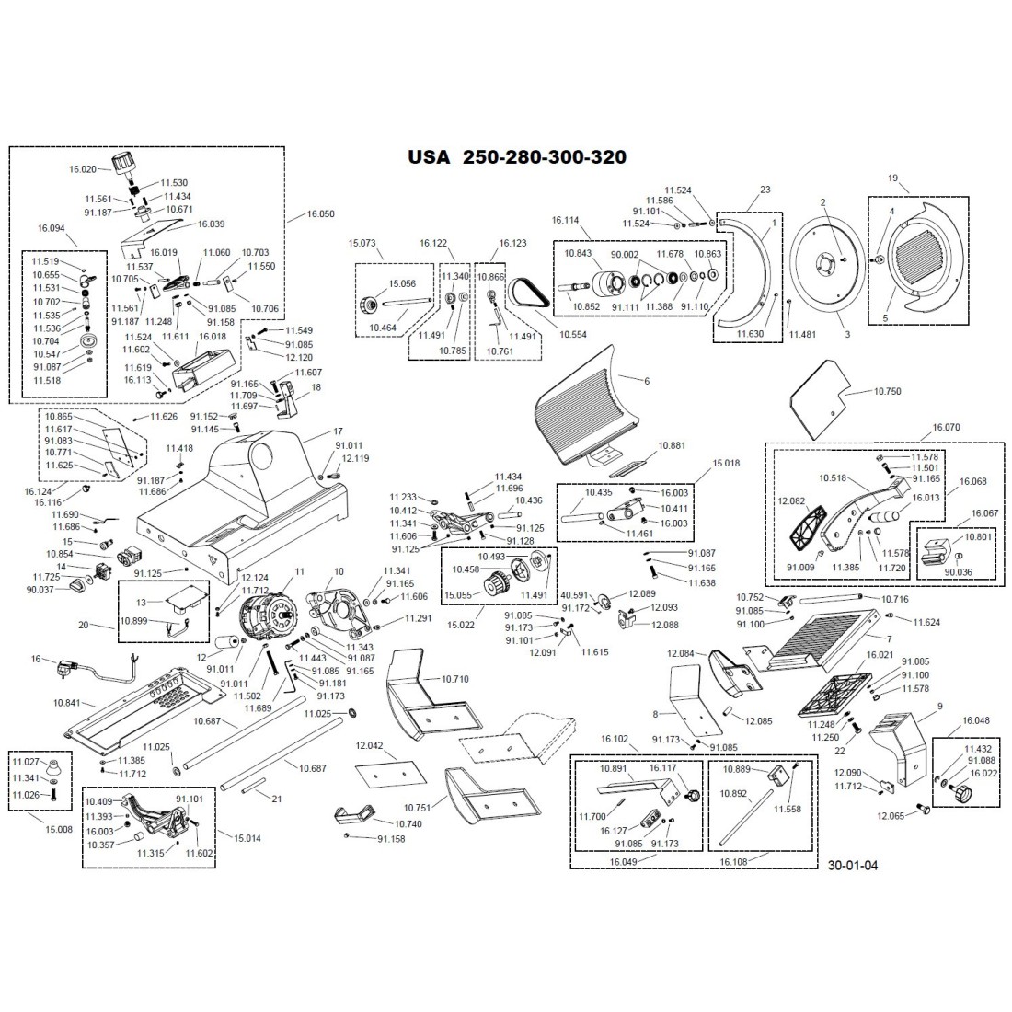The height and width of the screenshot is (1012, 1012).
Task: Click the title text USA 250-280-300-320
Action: [517, 157]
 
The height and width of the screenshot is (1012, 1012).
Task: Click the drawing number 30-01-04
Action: [853, 865]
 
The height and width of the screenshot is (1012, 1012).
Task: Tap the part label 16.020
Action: [82, 169]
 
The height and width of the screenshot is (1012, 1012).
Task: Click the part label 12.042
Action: [368, 746]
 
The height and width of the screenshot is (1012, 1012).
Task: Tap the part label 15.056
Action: [402, 284]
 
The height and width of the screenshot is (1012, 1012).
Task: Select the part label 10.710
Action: [454, 679]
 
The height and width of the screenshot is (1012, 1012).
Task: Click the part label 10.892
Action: [733, 792]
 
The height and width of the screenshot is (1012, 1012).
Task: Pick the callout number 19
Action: [891, 177]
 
